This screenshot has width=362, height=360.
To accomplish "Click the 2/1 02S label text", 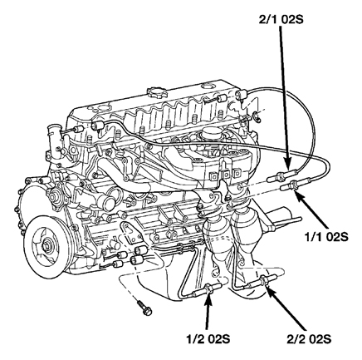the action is [x=281, y=20].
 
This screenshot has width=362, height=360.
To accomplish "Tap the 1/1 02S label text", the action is [x=326, y=237].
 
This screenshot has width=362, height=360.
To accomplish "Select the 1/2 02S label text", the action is [x=208, y=339].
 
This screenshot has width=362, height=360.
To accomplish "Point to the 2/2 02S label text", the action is [x=309, y=339].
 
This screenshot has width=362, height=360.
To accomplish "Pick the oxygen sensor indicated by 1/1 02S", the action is [x=294, y=185].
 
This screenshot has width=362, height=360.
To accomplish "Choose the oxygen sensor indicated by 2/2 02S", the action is [x=263, y=280].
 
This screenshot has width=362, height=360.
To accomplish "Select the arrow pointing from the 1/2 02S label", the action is [x=208, y=313].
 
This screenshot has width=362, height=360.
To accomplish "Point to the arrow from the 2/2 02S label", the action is [x=286, y=308].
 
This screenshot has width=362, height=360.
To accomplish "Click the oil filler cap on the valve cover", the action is [x=157, y=91].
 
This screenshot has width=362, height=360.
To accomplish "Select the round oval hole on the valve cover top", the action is [x=208, y=86].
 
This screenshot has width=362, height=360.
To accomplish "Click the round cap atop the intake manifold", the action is [x=210, y=134].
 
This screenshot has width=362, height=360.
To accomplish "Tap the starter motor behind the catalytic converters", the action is [x=280, y=218].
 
